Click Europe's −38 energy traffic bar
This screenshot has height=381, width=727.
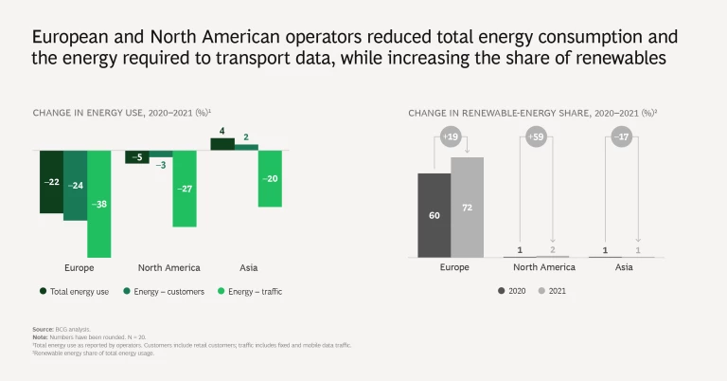pos(99,203)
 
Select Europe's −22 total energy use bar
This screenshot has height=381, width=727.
pos(51,181)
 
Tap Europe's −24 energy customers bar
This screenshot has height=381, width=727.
pos(76,185)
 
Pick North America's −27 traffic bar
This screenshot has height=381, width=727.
pos(186,188)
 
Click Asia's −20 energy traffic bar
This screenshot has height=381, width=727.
pos(271,178)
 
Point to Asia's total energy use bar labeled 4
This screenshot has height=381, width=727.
pos(222,144)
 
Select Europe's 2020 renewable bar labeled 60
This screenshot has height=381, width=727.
pos(434,215)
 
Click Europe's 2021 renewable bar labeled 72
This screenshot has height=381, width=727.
pos(467,207)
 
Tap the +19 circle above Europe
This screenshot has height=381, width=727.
pos(451,137)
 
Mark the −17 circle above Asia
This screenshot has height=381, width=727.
pos(622,137)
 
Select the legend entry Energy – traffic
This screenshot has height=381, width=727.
pos(250,292)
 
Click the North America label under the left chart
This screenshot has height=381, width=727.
pos(169,268)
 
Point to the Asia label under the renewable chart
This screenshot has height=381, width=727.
pos(624,268)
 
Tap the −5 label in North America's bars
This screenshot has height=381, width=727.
pos(137,157)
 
